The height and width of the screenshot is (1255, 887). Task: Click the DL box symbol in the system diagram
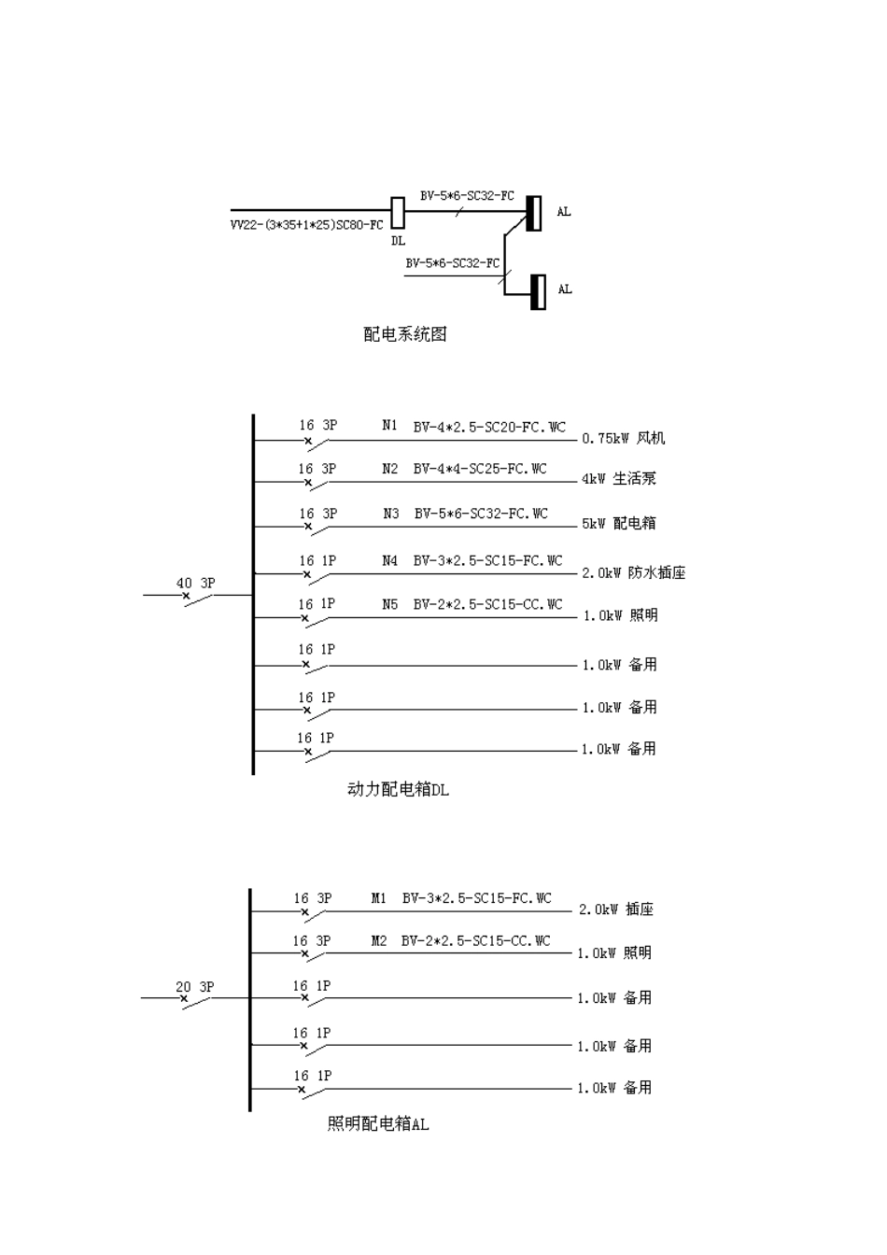(x=397, y=213)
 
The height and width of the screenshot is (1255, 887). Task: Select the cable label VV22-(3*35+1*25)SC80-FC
(x=307, y=225)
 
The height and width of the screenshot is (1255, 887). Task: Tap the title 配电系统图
(x=405, y=334)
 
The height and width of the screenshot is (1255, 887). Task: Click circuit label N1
(x=389, y=426)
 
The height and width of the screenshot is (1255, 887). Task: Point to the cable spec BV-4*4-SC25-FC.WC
(x=480, y=469)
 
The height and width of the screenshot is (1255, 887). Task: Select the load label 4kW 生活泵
(x=619, y=479)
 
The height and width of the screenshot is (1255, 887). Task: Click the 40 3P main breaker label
(x=195, y=584)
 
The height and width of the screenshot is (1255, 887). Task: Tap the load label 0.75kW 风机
(x=624, y=438)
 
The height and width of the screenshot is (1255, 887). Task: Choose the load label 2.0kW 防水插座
(x=633, y=572)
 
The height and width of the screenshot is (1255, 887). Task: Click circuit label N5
(x=389, y=604)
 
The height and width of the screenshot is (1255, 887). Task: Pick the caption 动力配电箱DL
(x=398, y=790)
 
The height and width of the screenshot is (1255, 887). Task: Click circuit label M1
(x=378, y=898)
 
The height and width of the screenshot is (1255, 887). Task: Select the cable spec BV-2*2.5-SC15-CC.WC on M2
(x=476, y=941)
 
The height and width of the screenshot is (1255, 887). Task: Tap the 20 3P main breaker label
(x=194, y=987)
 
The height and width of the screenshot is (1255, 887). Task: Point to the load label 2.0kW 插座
(x=616, y=910)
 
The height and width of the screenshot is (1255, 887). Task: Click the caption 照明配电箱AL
(x=378, y=1124)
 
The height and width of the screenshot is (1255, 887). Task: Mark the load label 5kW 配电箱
(x=619, y=524)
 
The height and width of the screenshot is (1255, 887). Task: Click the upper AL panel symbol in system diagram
(x=534, y=213)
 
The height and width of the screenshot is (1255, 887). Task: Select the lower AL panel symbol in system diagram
(x=538, y=291)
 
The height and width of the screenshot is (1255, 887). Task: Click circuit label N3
(x=390, y=514)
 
